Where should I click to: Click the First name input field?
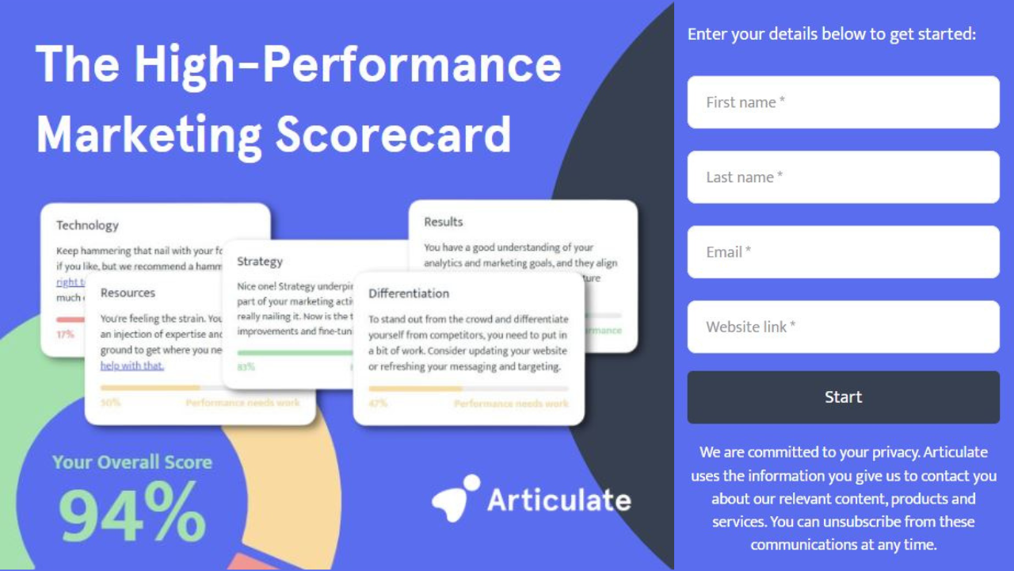843,102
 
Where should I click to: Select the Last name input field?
843,177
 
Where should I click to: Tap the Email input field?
843,252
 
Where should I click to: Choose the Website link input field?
843,327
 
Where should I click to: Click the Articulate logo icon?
456,498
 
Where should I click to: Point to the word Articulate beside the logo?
558,500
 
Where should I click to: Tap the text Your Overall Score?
132,462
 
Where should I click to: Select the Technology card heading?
87,225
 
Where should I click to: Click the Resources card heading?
128,293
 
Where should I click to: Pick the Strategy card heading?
260,261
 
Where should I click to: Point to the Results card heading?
444,222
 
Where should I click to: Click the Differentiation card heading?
409,293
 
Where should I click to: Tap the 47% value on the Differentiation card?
378,404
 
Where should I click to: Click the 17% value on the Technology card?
65,334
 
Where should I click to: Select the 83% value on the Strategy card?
246,367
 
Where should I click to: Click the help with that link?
132,366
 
